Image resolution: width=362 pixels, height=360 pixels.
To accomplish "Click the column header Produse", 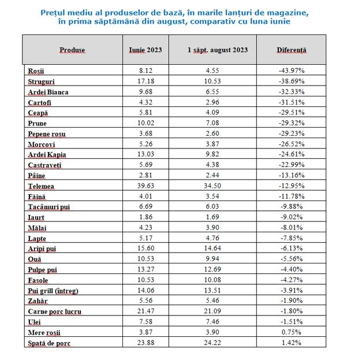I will click(x=72, y=50).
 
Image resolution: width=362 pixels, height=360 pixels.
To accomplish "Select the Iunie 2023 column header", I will click(x=145, y=50).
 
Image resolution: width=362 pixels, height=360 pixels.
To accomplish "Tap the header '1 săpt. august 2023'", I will click(x=218, y=50).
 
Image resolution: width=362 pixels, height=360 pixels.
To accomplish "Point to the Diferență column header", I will click(x=292, y=50).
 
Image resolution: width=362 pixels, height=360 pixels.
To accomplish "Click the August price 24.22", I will click(x=218, y=343).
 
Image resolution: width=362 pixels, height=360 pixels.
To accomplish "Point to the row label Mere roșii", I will click(x=44, y=333).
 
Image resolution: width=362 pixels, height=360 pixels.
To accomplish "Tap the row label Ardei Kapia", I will click(x=47, y=155).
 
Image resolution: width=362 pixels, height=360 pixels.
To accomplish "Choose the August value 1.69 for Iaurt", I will click(x=218, y=217).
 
